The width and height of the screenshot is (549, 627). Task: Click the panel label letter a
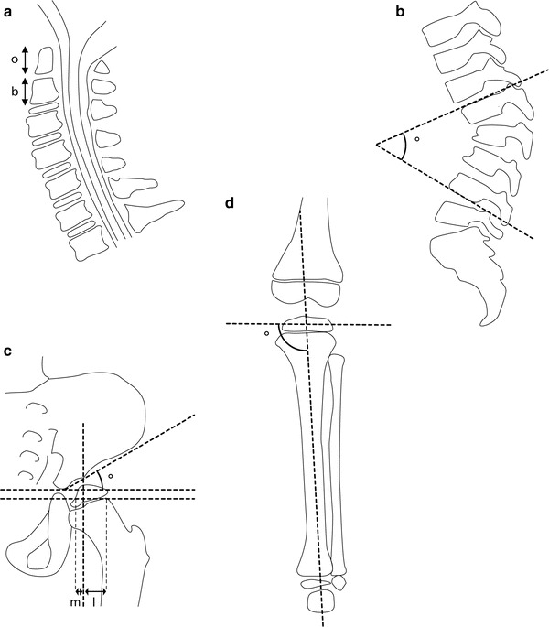click(10, 11)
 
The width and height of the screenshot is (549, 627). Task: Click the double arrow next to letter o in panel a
click(26, 59)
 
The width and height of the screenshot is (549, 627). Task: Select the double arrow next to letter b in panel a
click(26, 92)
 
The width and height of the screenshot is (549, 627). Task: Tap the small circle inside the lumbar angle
click(417, 139)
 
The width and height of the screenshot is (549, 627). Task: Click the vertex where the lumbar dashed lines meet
click(376, 144)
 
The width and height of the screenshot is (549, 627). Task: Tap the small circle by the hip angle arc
click(110, 475)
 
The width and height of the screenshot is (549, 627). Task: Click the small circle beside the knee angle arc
click(266, 334)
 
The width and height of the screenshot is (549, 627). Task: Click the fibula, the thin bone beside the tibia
click(338, 458)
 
